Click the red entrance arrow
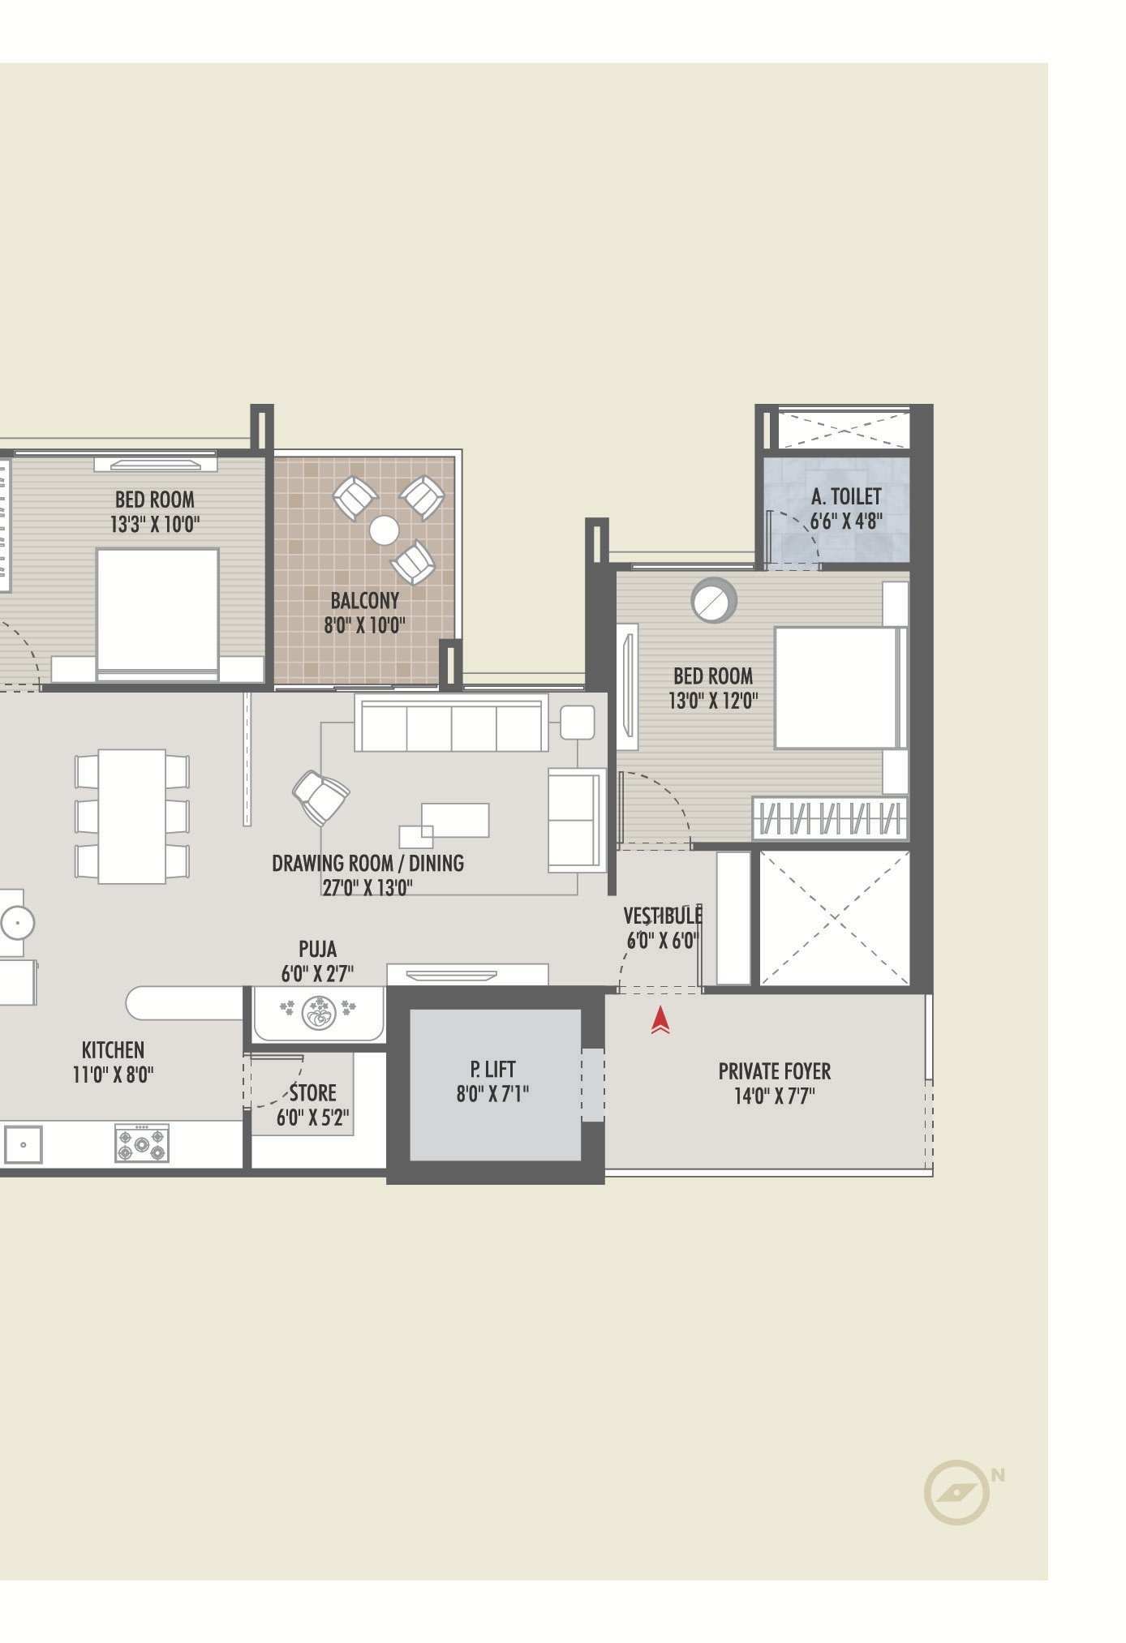[660, 1020]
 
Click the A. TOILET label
[846, 496]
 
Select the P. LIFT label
[492, 1069]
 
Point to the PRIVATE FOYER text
[775, 1071]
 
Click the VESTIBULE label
[662, 916]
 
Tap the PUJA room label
[317, 949]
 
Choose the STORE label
[313, 1092]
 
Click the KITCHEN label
[113, 1049]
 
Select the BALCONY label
[365, 601]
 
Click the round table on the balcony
[384, 531]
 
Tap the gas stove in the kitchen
[142, 1143]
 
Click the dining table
[132, 816]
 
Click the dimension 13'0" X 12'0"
[713, 701]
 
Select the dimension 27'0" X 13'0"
[367, 887]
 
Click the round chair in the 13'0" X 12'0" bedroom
[714, 600]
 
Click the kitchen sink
[23, 1144]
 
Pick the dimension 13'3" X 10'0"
[155, 524]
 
